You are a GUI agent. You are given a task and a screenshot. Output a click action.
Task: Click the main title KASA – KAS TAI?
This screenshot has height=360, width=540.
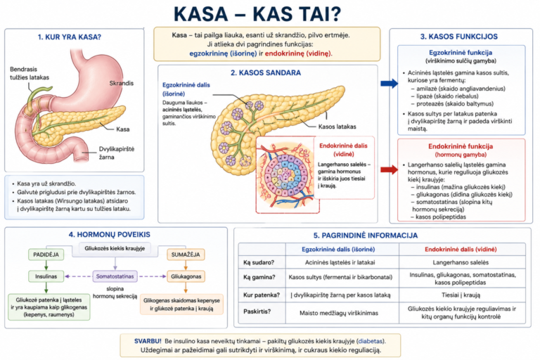point(257,14)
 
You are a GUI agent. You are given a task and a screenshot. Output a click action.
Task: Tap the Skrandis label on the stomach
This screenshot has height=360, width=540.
point(121,83)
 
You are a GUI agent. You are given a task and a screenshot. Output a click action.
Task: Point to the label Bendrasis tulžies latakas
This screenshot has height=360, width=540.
point(30,73)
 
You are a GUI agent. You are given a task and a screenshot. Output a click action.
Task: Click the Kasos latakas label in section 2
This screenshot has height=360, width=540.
point(337,127)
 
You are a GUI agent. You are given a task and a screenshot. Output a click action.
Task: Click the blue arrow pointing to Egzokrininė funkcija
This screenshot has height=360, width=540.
point(389,83)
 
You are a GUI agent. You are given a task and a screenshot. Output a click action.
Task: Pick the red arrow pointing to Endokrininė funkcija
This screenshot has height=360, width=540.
point(389,169)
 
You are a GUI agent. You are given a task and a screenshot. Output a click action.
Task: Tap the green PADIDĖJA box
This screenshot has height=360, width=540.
point(46,255)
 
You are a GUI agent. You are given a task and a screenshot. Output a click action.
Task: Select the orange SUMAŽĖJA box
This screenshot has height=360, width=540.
point(186,255)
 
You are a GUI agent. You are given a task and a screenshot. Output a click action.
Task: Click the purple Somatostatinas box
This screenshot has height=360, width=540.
point(115,276)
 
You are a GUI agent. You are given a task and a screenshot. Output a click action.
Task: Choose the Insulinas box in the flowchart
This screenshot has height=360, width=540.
point(46,276)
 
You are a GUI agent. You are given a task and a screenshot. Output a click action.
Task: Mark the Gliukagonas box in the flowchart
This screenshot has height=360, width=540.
point(186,276)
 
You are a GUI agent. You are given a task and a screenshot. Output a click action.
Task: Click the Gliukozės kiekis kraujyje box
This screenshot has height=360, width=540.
point(115,248)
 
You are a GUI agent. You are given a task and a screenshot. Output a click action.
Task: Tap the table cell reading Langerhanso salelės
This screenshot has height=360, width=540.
point(461,262)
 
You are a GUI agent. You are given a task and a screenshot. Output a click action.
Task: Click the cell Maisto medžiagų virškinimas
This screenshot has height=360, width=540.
point(339,313)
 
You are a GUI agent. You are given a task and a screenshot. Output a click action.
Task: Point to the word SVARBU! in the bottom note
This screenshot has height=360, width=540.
point(148,341)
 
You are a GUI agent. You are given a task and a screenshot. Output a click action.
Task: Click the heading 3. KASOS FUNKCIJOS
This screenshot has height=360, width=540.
point(459,37)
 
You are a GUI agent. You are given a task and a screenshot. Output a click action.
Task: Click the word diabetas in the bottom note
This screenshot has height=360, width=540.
point(371,341)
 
